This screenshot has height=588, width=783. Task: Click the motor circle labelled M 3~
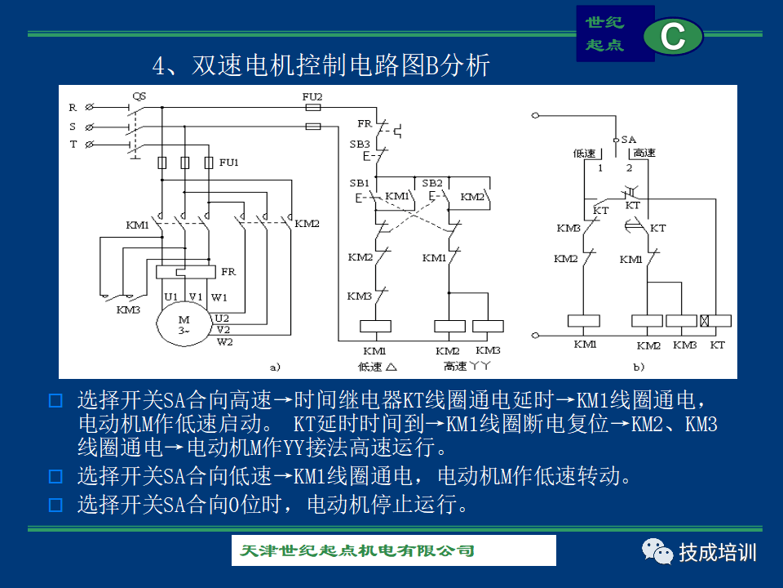pyautogui.click(x=184, y=324)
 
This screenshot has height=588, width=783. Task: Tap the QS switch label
pyautogui.click(x=139, y=96)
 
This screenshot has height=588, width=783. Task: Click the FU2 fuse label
pyautogui.click(x=312, y=96)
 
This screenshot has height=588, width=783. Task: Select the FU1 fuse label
pyautogui.click(x=228, y=162)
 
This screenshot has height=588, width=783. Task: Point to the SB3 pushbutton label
pyautogui.click(x=360, y=144)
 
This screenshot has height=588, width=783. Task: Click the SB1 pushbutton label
pyautogui.click(x=359, y=183)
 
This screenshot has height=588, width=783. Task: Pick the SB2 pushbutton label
pyautogui.click(x=432, y=183)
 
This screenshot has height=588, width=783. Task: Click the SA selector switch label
pyautogui.click(x=629, y=140)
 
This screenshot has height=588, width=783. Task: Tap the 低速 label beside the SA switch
pyautogui.click(x=584, y=153)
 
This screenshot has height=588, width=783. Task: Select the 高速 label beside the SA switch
pyautogui.click(x=644, y=153)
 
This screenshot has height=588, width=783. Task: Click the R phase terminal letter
pyautogui.click(x=73, y=108)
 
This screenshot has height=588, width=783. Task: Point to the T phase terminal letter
pyautogui.click(x=73, y=145)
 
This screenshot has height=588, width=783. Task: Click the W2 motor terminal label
pyautogui.click(x=225, y=342)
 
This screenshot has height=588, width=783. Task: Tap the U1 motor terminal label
pyautogui.click(x=170, y=297)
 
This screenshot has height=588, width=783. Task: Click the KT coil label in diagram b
pyautogui.click(x=717, y=345)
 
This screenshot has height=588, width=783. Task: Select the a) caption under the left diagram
pyautogui.click(x=275, y=367)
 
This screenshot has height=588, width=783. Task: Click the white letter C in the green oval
pyautogui.click(x=673, y=36)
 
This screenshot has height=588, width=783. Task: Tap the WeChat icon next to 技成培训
pyautogui.click(x=657, y=551)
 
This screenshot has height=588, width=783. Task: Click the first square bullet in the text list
pyautogui.click(x=55, y=400)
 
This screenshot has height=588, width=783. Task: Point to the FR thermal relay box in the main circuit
pyautogui.click(x=186, y=271)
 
